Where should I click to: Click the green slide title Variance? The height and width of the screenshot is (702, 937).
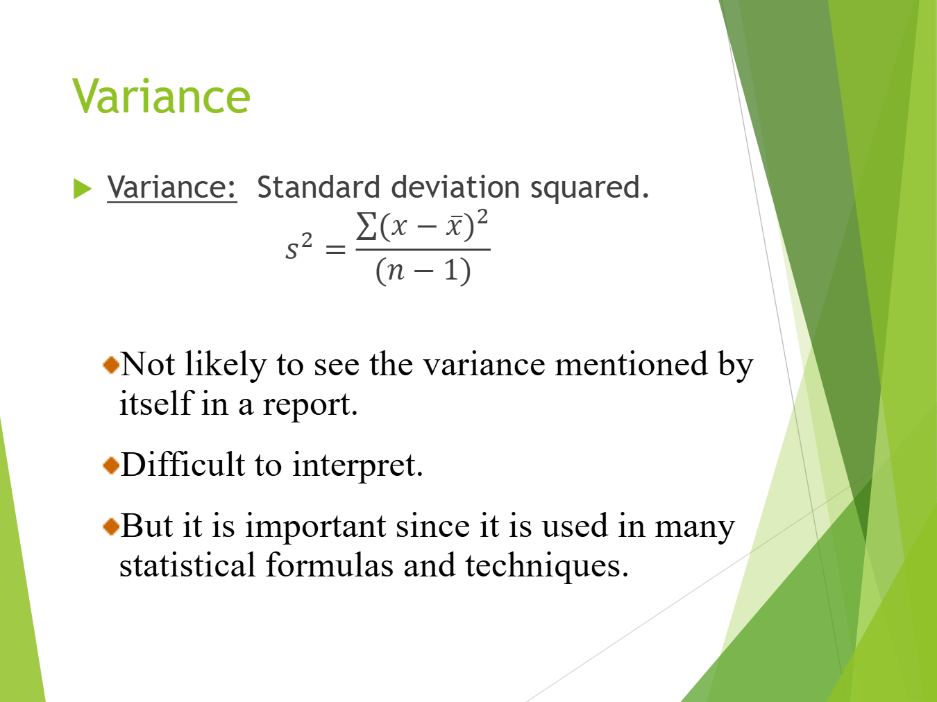click(161, 96)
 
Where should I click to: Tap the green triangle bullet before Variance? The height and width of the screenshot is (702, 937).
click(83, 189)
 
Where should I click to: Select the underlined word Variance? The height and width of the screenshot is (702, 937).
click(171, 187)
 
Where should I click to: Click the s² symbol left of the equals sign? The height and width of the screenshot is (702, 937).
click(299, 246)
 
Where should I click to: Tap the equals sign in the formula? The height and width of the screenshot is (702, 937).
click(335, 249)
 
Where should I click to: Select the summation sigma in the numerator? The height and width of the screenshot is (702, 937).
click(366, 225)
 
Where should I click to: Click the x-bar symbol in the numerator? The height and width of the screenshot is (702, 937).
click(454, 225)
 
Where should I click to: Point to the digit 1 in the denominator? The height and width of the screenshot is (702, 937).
click(451, 270)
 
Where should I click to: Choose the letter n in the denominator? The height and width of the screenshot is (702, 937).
click(396, 271)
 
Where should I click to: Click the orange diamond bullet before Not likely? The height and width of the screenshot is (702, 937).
click(111, 365)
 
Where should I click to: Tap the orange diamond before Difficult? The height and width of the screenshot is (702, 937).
click(111, 465)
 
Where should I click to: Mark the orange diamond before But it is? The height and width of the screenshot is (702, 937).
click(111, 526)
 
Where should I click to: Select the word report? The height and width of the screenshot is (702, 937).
click(310, 405)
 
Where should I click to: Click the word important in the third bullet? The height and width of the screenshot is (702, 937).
click(316, 527)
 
